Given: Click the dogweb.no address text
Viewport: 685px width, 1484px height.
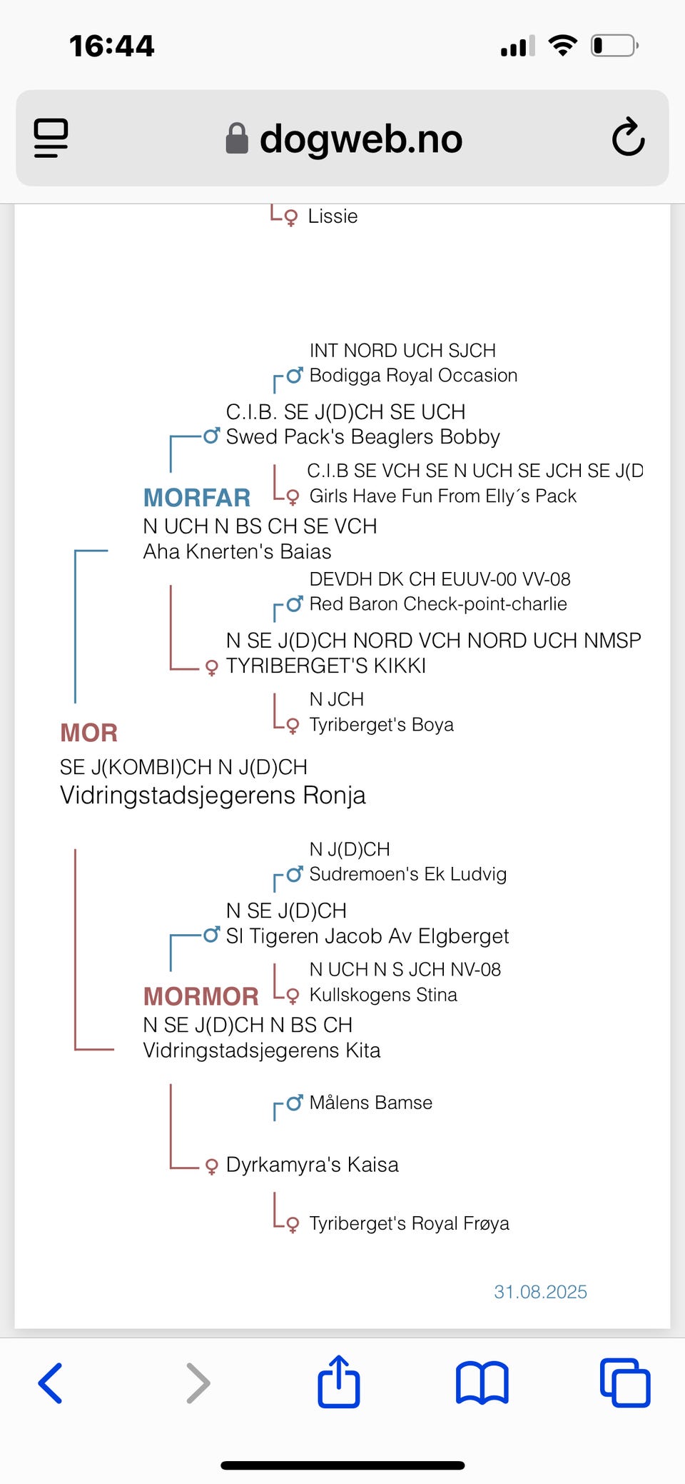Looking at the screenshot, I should click(x=360, y=139).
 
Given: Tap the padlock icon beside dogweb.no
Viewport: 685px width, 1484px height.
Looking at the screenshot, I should click(x=237, y=139).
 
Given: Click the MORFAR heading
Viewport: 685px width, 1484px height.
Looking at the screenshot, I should click(x=197, y=498).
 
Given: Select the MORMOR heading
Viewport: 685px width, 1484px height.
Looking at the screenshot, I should click(x=201, y=996).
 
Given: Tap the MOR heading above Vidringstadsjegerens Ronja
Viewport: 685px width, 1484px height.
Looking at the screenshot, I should click(x=88, y=733).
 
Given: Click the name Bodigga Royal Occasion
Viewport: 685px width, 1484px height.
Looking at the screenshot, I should click(x=413, y=376).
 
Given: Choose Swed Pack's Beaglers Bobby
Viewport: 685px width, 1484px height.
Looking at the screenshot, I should click(x=362, y=437).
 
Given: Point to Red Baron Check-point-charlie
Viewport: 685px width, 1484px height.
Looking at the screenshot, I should click(x=437, y=604).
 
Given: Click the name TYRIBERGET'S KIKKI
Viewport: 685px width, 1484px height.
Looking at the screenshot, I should click(x=325, y=666).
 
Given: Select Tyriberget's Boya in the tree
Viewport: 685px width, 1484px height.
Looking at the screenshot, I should click(x=381, y=725).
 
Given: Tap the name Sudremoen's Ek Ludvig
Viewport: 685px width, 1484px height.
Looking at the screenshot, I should click(x=407, y=874).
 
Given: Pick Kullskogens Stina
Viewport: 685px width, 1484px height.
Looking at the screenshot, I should click(x=383, y=995).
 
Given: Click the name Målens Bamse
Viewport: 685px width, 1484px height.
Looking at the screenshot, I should click(x=370, y=1103).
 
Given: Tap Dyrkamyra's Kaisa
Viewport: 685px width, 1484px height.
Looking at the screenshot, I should click(x=312, y=1165).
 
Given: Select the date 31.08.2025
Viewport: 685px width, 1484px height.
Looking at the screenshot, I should click(x=540, y=1292).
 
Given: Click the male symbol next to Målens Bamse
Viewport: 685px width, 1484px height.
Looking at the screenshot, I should click(x=294, y=1103).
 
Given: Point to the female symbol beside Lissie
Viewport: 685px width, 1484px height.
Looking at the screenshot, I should click(x=290, y=217).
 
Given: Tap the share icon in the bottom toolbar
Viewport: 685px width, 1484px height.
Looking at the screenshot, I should click(x=338, y=1382).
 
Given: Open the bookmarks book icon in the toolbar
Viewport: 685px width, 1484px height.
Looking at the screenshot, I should click(x=482, y=1383).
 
